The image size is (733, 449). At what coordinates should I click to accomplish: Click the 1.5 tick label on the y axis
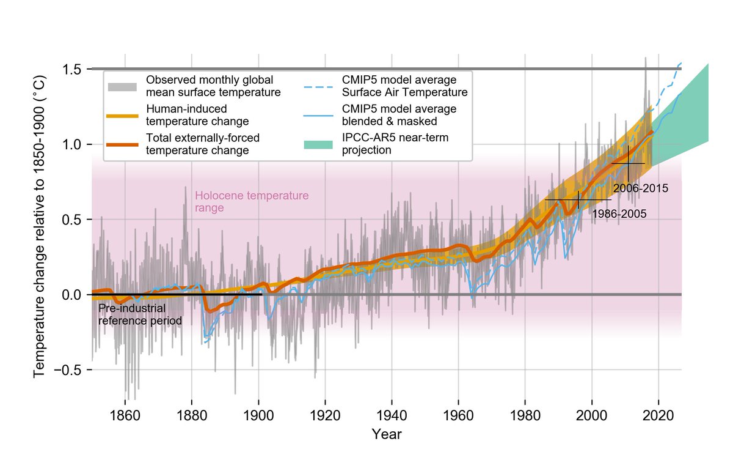(x=72, y=69)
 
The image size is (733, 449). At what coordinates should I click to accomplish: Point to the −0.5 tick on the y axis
(x=69, y=370)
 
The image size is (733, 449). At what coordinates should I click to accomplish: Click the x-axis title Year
(x=387, y=435)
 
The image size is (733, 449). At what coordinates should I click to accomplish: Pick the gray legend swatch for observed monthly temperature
(x=122, y=87)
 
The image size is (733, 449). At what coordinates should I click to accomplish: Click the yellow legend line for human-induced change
(x=122, y=115)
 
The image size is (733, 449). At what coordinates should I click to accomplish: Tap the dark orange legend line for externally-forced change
(x=122, y=144)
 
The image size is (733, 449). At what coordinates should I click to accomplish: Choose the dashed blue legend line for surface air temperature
(x=318, y=87)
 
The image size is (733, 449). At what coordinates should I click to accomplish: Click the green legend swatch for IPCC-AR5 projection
(x=318, y=144)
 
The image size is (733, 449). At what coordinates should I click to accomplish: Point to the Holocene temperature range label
(x=251, y=202)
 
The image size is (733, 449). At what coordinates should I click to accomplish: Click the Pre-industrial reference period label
(x=140, y=315)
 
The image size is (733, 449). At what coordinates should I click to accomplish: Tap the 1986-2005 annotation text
(x=619, y=214)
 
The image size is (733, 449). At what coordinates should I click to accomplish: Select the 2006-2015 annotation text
(x=640, y=188)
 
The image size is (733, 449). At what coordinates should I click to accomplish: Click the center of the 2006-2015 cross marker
(x=628, y=164)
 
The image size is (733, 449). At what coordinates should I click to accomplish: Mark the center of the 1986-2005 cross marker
(x=578, y=199)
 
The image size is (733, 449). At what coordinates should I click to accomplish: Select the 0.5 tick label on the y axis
(x=72, y=220)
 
